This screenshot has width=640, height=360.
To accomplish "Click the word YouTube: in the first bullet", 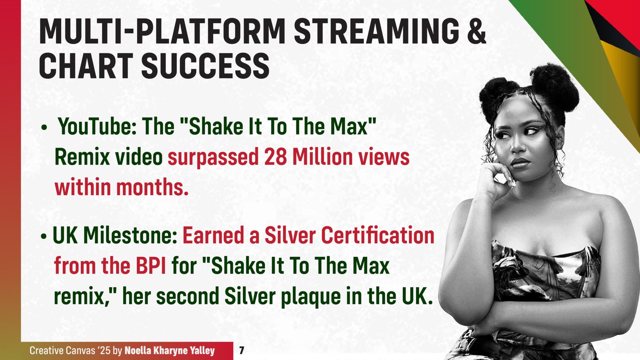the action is pyautogui.click(x=96, y=126).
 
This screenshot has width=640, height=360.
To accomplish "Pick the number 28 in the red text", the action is pyautogui.click(x=275, y=156).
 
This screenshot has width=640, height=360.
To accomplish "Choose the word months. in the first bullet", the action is pyautogui.click(x=152, y=187).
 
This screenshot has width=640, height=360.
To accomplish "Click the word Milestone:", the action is pyautogui.click(x=130, y=235).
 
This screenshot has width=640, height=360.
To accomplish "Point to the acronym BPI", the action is pyautogui.click(x=150, y=266).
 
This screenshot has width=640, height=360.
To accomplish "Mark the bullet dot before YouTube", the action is pyautogui.click(x=44, y=128).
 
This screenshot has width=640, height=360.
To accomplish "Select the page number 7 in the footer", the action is pyautogui.click(x=242, y=350).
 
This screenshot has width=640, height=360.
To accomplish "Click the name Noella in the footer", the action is pyautogui.click(x=138, y=350).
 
